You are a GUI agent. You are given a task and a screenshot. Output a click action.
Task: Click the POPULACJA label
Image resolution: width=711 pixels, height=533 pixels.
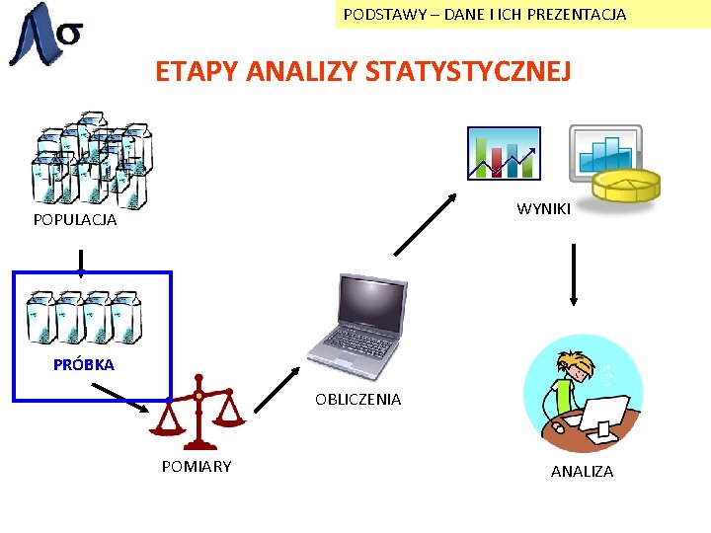[x=75, y=220]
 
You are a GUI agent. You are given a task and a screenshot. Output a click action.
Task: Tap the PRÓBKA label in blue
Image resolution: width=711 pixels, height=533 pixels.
[x=84, y=364]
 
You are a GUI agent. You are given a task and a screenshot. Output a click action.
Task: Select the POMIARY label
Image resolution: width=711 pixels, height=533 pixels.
[x=197, y=466]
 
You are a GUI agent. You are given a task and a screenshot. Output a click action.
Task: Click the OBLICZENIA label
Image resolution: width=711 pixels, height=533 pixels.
[x=357, y=400]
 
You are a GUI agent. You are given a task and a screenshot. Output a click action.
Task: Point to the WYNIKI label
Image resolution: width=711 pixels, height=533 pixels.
[x=543, y=209]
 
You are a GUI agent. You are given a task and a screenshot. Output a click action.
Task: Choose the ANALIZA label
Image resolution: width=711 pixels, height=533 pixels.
[x=582, y=472]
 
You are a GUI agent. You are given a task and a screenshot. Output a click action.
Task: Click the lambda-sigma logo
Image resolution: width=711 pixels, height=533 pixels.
[x=45, y=35]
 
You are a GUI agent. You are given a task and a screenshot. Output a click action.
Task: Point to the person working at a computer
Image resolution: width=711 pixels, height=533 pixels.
[x=583, y=395]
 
